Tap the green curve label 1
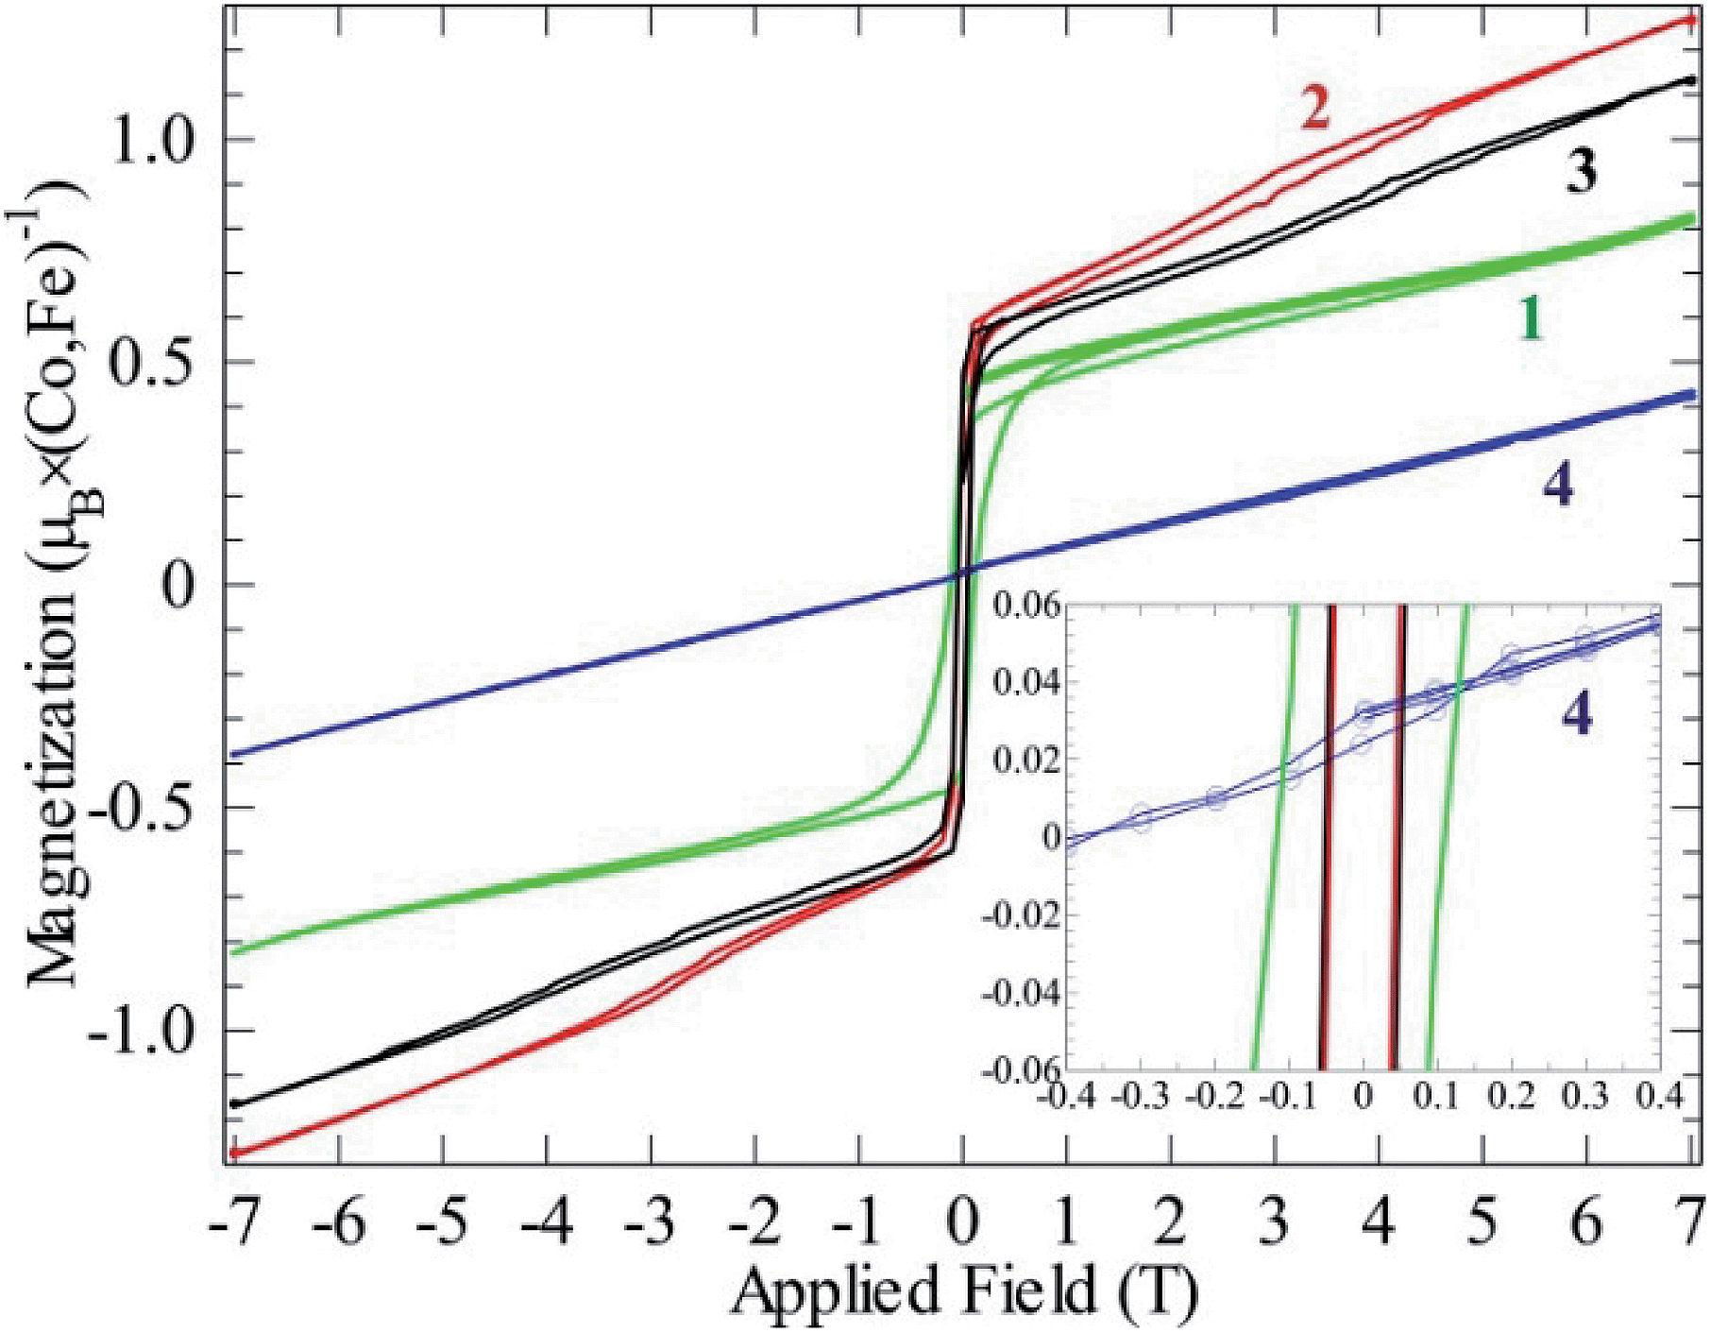tap(1531, 319)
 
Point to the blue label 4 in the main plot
tap(1558, 487)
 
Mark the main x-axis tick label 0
tap(962, 1222)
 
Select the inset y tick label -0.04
tap(1020, 993)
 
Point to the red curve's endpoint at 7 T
tap(1690, 19)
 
